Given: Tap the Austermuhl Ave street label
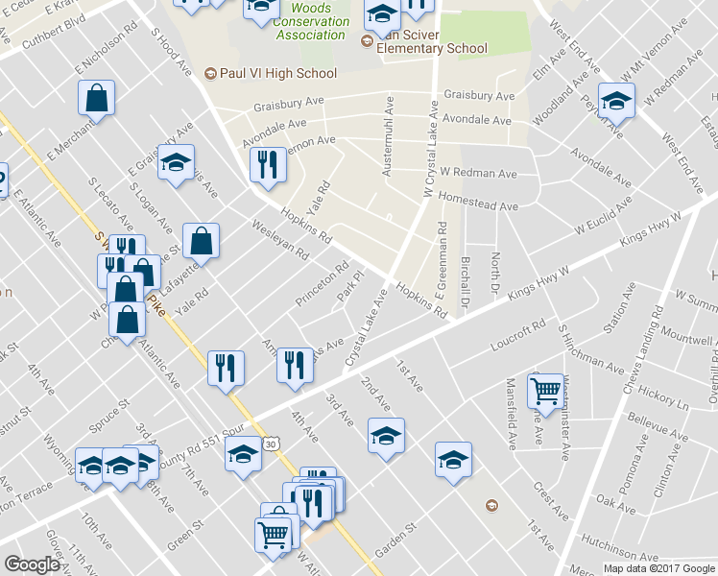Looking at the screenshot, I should pyautogui.click(x=388, y=134).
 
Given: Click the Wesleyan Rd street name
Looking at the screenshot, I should pyautogui.click(x=279, y=240).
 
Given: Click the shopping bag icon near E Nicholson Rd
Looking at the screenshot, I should pyautogui.click(x=97, y=97).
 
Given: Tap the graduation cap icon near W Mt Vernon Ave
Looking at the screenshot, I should pyautogui.click(x=615, y=100).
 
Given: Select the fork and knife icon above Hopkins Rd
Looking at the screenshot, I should pyautogui.click(x=267, y=164).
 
